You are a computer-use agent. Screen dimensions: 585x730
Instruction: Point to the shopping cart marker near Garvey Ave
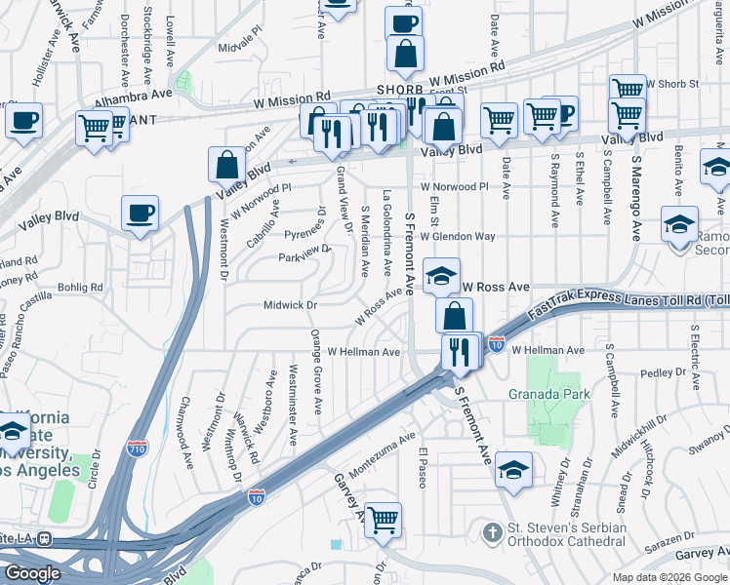pyautogui.click(x=382, y=520)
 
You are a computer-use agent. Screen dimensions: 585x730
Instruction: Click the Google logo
pyautogui.click(x=32, y=573)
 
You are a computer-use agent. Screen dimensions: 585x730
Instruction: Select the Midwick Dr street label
pyautogui.click(x=291, y=306)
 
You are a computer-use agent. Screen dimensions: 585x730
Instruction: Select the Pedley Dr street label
pyautogui.click(x=664, y=372)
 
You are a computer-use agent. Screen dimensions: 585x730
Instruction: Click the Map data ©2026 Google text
pyautogui.click(x=669, y=577)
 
